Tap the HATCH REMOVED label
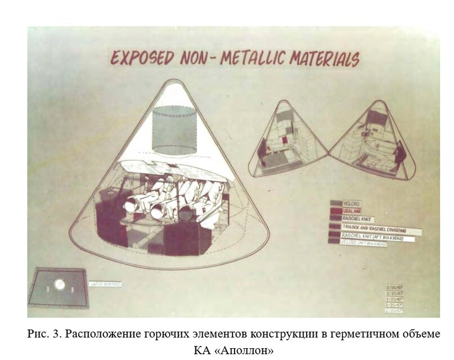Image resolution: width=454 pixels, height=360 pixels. click(x=105, y=285)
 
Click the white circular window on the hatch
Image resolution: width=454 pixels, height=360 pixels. click(x=60, y=285)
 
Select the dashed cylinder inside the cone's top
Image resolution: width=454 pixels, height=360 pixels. click(x=174, y=130)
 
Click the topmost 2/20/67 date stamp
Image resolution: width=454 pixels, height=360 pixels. click(x=396, y=287)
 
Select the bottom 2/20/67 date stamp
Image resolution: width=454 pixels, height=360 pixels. click(x=396, y=310)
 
